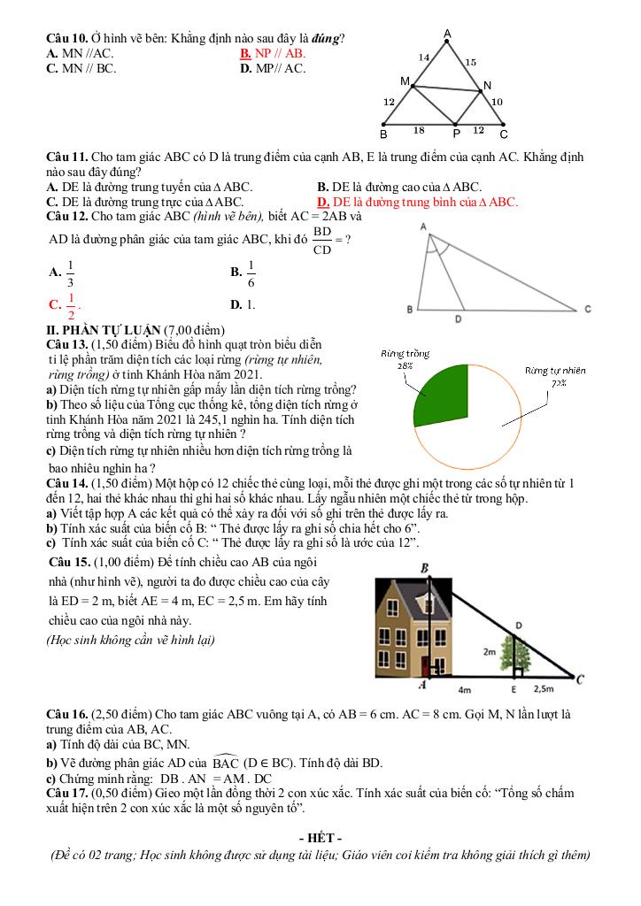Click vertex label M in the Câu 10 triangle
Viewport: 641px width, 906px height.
[405, 81]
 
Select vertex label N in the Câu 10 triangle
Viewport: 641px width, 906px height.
[486, 86]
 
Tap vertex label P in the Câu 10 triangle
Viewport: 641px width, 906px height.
[456, 134]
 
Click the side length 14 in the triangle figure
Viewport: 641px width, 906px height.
[424, 58]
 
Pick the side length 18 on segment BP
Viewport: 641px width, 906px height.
[420, 129]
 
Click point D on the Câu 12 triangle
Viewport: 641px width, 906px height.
[458, 318]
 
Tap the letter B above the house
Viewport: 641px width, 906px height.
[425, 568]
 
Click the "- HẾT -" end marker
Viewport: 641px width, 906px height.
[320, 838]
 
